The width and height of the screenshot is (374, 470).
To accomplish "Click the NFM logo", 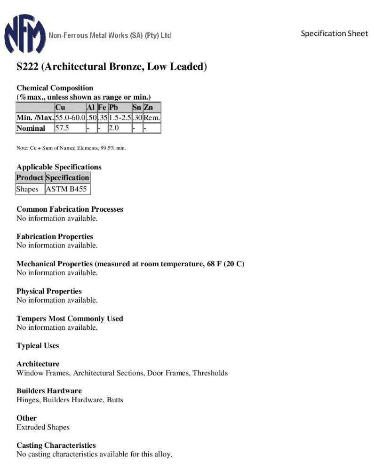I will [25, 33].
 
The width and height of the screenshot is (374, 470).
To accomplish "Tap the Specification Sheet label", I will [334, 33].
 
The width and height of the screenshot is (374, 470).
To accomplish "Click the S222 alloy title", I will [111, 66].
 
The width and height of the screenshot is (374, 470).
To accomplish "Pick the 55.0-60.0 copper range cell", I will [70, 118].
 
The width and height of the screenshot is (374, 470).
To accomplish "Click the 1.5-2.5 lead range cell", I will [119, 118].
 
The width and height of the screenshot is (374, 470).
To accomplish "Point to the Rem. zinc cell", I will [151, 118].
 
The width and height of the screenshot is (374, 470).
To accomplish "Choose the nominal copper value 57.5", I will [62, 128].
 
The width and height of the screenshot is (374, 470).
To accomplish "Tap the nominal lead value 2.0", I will [113, 128].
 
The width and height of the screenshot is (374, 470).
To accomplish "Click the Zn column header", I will [148, 107].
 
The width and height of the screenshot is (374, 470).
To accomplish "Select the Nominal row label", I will [31, 128].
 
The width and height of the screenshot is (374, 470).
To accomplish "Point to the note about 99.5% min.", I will [71, 148].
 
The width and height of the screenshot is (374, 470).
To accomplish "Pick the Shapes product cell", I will [27, 189].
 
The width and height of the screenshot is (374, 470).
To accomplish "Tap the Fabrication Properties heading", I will [55, 236].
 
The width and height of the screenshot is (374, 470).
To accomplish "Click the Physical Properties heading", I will [49, 291].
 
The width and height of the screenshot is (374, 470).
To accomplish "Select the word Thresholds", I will [210, 373].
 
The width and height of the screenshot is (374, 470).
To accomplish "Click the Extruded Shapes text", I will [43, 427].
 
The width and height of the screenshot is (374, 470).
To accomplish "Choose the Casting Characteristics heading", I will [56, 445].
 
